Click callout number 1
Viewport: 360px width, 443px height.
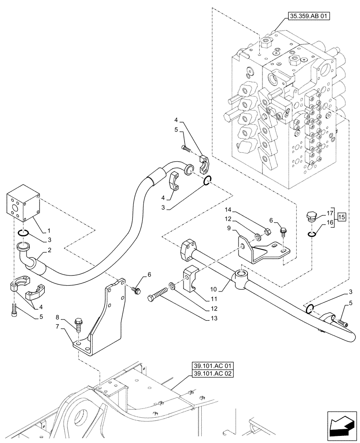[49, 231]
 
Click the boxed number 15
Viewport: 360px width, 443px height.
[341, 218]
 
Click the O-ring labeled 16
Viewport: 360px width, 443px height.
[313, 234]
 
